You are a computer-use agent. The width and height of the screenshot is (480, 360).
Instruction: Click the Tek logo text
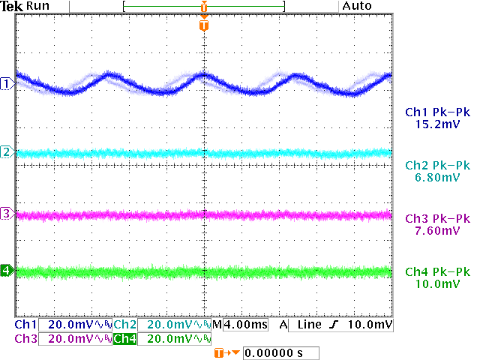(x=13, y=6)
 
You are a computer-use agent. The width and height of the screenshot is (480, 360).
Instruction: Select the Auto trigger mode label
(x=357, y=6)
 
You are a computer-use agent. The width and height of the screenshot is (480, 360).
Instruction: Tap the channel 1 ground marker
(x=7, y=83)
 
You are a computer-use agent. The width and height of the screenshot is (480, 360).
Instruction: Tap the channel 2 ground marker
(x=7, y=152)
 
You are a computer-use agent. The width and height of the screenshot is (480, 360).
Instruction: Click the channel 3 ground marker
(x=7, y=214)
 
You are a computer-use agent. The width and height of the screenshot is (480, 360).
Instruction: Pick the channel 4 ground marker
(x=7, y=270)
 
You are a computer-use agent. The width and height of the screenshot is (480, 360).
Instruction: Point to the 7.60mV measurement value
(x=436, y=230)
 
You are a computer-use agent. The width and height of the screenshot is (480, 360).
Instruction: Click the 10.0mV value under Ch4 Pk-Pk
(x=436, y=284)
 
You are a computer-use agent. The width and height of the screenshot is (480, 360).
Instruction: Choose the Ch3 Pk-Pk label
(x=436, y=219)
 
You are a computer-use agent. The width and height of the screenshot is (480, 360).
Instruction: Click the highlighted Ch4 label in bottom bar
(x=124, y=339)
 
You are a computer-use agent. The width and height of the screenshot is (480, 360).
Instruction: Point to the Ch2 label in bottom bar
(x=124, y=325)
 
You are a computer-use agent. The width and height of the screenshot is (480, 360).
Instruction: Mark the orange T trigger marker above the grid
(x=203, y=25)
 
